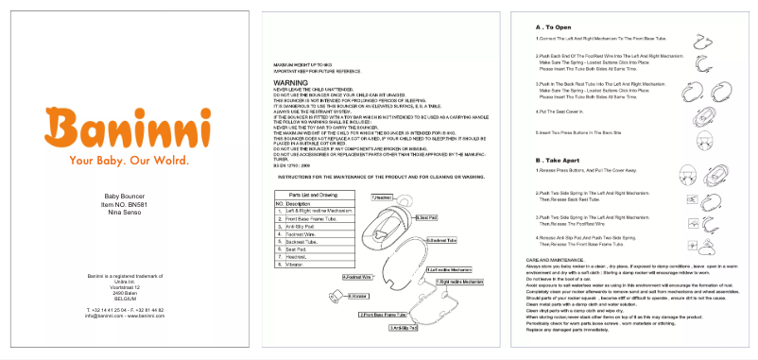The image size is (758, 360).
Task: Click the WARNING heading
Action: tap(290, 83)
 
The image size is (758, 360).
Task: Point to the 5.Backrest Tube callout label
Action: tap(440, 240)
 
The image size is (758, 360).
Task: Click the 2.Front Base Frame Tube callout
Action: tap(384, 314)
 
